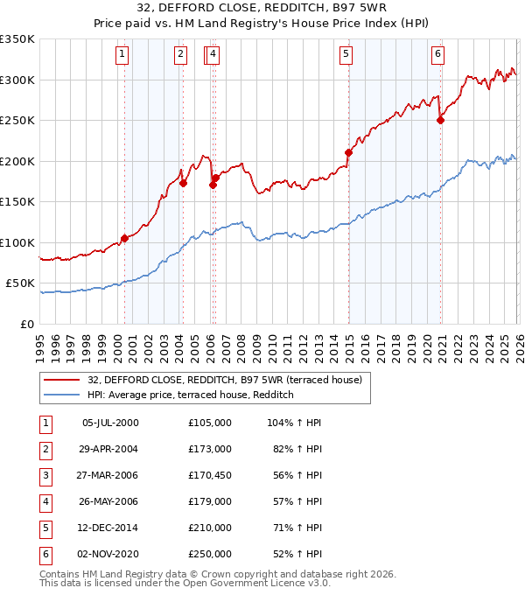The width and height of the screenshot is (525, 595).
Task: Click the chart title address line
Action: pyautogui.click(x=262, y=9)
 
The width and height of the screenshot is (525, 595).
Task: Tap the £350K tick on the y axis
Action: pyautogui.click(x=17, y=39)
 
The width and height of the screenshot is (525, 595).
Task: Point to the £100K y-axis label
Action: pyautogui.click(x=17, y=242)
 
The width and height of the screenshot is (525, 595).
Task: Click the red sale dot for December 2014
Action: pyautogui.click(x=348, y=153)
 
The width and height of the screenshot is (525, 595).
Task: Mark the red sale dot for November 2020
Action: pyautogui.click(x=440, y=121)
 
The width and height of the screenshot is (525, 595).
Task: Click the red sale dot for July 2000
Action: pyautogui.click(x=124, y=238)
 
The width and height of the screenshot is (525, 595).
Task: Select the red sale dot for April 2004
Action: pyautogui.click(x=183, y=183)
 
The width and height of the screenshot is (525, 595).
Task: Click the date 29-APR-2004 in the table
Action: pyautogui.click(x=109, y=449)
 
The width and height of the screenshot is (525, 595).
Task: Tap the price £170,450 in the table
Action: pyautogui.click(x=209, y=475)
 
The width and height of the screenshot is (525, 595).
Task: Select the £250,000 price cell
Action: pyautogui.click(x=209, y=554)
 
